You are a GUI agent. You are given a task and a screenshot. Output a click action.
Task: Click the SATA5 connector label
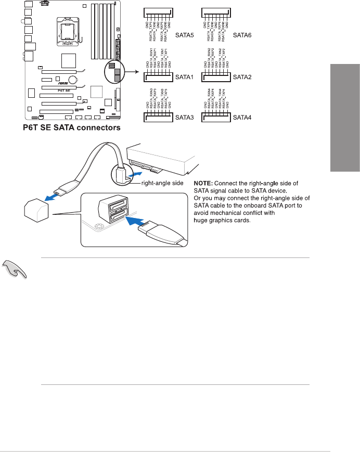(x=183, y=35)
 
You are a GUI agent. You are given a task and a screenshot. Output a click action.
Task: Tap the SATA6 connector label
(x=242, y=35)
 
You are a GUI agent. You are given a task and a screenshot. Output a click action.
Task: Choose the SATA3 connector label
(x=183, y=118)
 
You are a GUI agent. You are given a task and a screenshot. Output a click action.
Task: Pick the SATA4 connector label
(x=242, y=118)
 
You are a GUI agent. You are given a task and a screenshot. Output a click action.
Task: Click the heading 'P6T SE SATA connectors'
(x=71, y=127)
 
